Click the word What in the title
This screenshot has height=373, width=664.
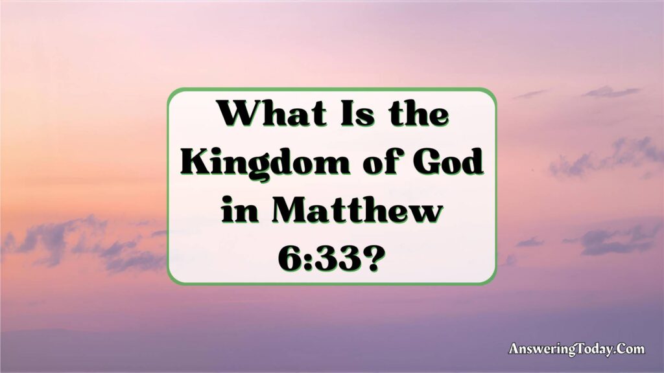point(273,113)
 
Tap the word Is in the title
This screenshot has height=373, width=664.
point(358,113)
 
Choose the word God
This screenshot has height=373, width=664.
point(449,162)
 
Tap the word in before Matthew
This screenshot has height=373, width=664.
point(240,210)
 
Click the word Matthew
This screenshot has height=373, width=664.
point(357,210)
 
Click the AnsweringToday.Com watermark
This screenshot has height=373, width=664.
point(576,349)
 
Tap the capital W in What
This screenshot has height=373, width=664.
point(239,114)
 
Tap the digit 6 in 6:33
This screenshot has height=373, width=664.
point(290,258)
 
